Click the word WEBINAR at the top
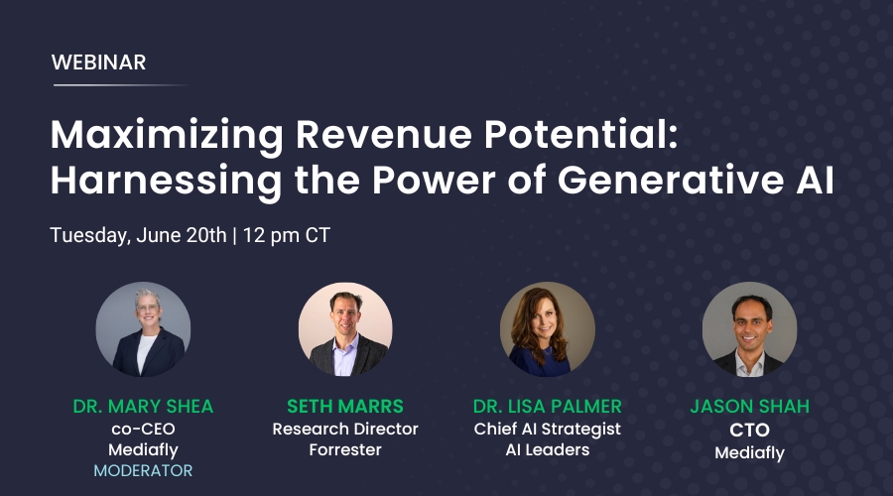point(98,62)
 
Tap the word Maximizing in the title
point(167,137)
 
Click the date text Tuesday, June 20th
point(138,235)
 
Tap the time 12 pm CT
point(287,235)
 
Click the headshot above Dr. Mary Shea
point(143,329)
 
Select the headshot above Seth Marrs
point(345,329)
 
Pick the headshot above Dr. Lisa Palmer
point(548,329)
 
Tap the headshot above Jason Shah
point(749,329)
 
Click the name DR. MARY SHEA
point(143,406)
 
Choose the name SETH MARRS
point(345,406)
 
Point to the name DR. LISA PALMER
point(548,406)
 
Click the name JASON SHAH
point(749,406)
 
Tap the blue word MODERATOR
point(143,470)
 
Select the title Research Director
point(345,429)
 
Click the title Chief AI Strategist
point(548,429)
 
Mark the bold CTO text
point(749,430)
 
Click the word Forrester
point(345,450)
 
